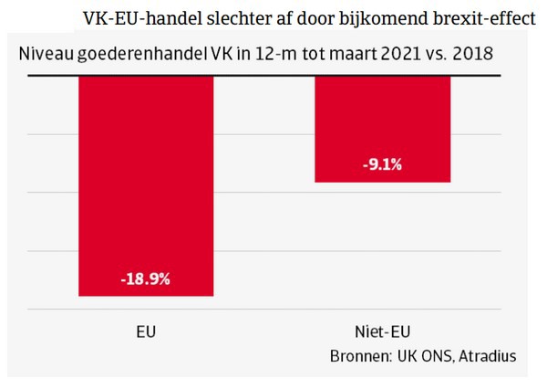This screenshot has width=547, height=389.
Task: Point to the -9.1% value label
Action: (382, 165)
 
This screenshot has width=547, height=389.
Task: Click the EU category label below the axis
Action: (146, 332)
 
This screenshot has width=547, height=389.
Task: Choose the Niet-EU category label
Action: (382, 332)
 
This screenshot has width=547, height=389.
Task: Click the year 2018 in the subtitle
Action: (473, 54)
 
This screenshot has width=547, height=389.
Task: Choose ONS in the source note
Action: (434, 356)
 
